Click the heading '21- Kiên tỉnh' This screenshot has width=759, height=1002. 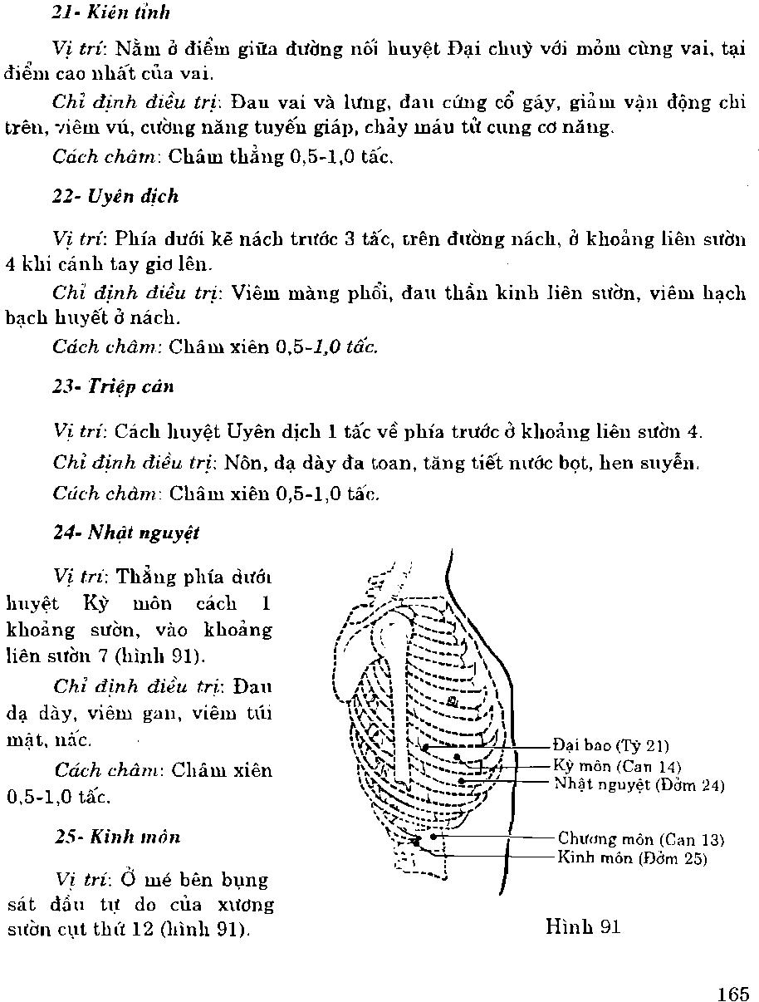coord(111,12)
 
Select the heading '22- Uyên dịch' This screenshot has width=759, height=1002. coord(115,197)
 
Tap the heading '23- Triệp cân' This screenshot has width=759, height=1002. coord(113,386)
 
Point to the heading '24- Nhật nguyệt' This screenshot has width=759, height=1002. coord(126,532)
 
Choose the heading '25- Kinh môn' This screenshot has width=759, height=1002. coord(117,837)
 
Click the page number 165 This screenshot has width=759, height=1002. coord(733,994)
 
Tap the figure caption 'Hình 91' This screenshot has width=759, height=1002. coord(583,926)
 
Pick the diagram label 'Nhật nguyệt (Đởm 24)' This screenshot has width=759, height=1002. coord(639,783)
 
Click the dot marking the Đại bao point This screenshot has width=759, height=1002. coord(425,748)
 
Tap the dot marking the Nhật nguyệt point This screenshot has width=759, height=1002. coord(461,781)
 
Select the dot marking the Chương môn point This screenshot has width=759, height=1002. coord(433,837)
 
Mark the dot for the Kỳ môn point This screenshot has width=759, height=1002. coord(456,757)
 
